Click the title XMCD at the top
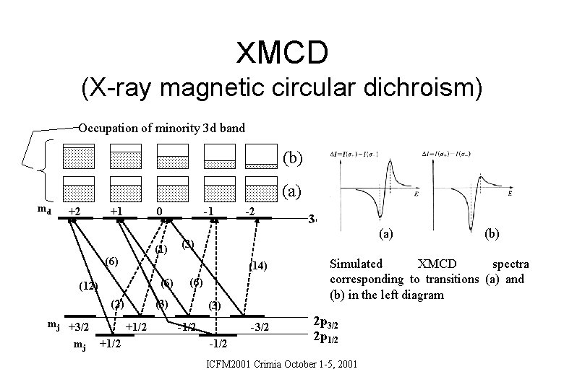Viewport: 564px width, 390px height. (282, 51)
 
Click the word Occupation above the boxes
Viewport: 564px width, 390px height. (109, 129)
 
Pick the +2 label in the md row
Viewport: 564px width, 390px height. (72, 210)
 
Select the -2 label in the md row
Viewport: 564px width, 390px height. (247, 212)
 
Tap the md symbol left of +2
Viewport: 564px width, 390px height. (43, 209)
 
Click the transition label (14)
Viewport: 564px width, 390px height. (258, 266)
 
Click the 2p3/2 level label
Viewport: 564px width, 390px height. (327, 323)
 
